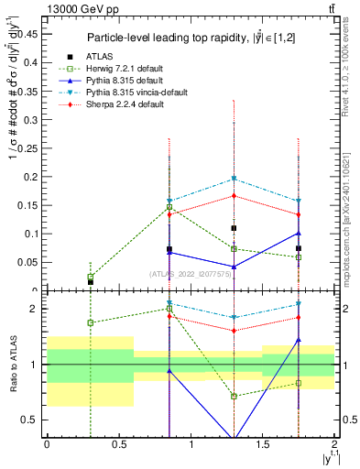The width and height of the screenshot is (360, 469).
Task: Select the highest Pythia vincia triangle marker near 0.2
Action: tap(235, 179)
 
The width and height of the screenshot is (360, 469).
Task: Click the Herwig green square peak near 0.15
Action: tap(169, 207)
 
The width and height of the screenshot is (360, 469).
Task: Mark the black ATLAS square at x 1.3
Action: tap(235, 228)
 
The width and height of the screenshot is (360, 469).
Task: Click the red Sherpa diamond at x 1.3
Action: tap(235, 195)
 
